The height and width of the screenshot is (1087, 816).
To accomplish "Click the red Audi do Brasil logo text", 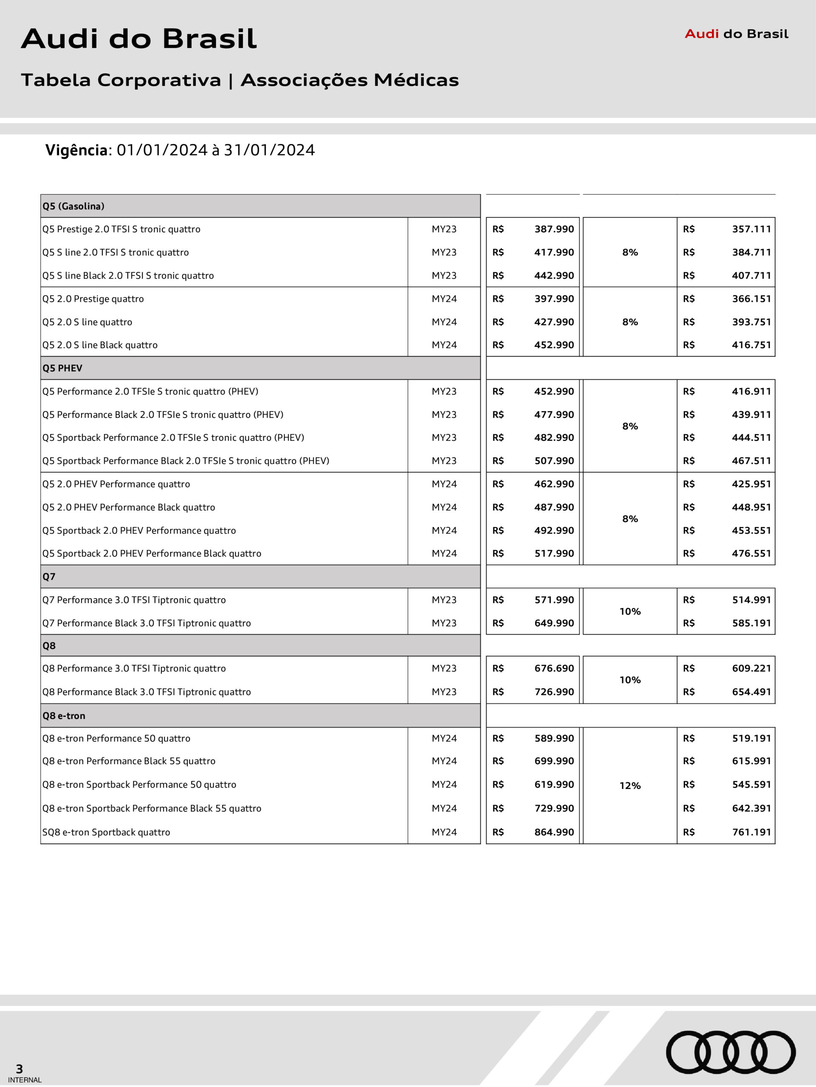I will point(737,34).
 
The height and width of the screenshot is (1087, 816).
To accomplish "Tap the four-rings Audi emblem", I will point(731,1052).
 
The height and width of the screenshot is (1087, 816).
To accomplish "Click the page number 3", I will point(19,1069).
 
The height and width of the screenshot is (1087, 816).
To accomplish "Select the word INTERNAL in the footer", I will point(25,1080).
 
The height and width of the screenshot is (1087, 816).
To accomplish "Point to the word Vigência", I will point(76,150).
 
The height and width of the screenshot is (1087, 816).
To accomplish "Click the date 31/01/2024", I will point(269,150).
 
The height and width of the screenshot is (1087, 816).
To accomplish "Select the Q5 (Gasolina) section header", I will point(73,206).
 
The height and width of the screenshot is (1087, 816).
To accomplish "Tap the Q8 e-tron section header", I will point(64,715).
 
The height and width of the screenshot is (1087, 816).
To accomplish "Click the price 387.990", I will point(554,229).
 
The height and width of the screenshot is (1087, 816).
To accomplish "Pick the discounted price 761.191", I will point(751,832).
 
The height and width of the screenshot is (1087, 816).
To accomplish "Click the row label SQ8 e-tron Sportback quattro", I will point(106,832).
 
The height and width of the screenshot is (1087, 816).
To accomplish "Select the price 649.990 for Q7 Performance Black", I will point(554,623).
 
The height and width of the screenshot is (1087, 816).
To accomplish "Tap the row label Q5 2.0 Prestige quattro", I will point(93,299).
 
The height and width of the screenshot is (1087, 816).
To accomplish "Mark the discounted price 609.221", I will point(751,668).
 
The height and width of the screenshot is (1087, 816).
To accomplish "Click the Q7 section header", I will point(49,577).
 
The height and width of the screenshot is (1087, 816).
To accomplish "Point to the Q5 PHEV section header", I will point(62,368).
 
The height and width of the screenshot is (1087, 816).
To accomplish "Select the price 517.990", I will point(554,553).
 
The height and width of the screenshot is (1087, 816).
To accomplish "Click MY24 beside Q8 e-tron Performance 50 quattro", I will point(444,738).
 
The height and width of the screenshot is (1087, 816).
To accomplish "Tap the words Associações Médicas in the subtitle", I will point(349,80).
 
